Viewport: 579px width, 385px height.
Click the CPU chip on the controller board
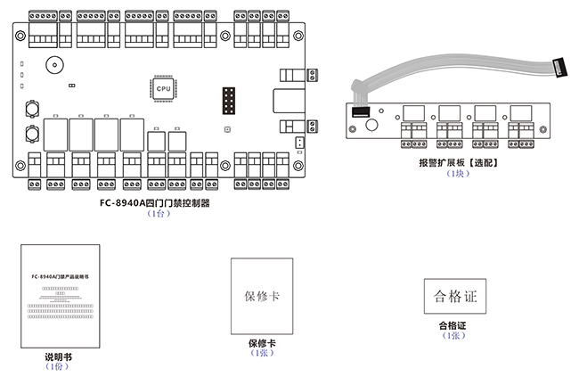point(163,89)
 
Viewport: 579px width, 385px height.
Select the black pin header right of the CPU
point(227,102)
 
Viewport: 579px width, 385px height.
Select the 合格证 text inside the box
point(454,297)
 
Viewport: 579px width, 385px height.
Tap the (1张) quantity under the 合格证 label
point(453,336)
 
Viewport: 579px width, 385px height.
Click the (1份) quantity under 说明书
point(56,366)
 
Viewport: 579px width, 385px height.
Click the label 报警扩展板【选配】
point(457,162)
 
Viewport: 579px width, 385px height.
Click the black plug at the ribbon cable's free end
point(560,67)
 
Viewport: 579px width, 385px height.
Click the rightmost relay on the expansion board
point(519,113)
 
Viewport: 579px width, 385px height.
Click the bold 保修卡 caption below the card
point(261,343)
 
